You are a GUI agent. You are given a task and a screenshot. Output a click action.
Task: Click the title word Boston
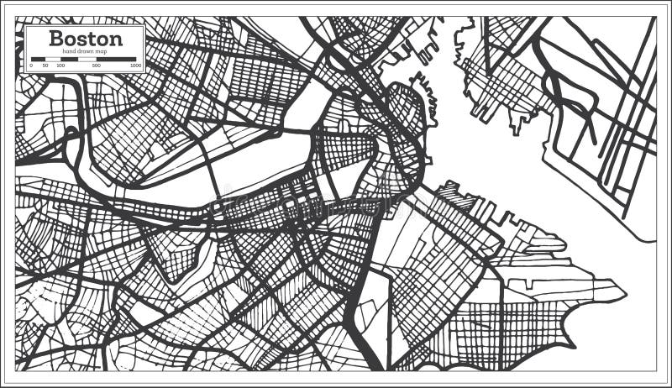click(x=86, y=38)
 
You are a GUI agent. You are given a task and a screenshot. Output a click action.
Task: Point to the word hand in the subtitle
click(x=66, y=50)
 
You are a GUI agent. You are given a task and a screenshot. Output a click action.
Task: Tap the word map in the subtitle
click(x=102, y=50)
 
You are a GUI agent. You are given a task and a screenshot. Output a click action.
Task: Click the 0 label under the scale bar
click(x=31, y=65)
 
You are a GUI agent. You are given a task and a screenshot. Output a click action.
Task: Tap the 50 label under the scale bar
click(x=45, y=65)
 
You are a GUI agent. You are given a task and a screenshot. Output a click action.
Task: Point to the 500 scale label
click(x=97, y=65)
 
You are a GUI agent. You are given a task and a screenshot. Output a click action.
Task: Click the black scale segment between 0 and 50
click(x=38, y=59)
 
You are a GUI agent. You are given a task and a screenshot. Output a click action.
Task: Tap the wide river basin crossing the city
click(x=252, y=172)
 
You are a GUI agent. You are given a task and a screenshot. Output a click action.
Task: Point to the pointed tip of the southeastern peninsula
click(x=624, y=294)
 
